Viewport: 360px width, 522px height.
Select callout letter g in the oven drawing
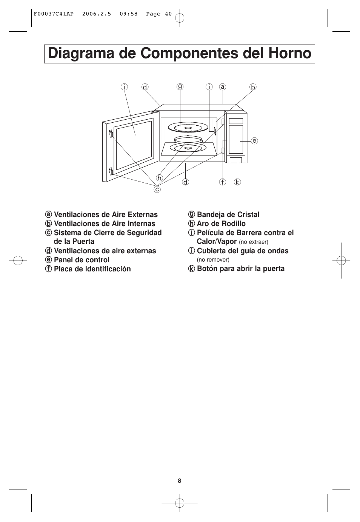(x=180, y=86)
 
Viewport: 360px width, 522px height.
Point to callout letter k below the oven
(x=237, y=182)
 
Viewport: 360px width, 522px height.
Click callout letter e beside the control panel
(x=254, y=141)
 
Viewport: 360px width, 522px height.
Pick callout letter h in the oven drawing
(x=160, y=178)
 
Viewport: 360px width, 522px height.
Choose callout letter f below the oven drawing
(x=223, y=182)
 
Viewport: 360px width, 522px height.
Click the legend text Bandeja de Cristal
(x=228, y=214)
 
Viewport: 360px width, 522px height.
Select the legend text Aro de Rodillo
(x=221, y=223)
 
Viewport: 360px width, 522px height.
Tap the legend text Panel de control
(x=82, y=260)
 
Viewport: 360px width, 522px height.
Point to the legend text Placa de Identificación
(x=92, y=269)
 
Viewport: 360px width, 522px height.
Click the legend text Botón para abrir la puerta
(x=241, y=268)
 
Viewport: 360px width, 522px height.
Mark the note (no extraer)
(x=254, y=242)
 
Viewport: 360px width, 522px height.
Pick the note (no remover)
(x=213, y=260)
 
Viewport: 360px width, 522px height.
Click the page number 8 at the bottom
(x=180, y=480)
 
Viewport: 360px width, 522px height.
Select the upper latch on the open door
(x=111, y=134)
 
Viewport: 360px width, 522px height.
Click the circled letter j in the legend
(x=191, y=251)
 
